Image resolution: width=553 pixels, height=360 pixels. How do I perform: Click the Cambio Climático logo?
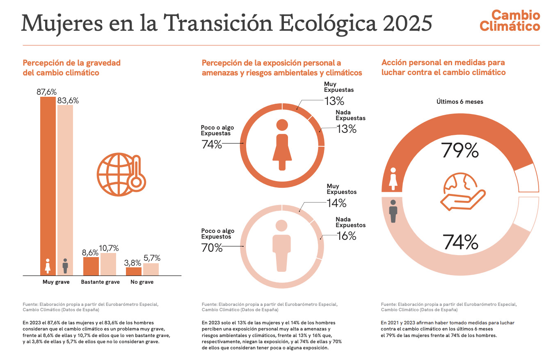(x=510, y=21)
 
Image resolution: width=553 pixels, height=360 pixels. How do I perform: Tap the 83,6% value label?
(x=68, y=100)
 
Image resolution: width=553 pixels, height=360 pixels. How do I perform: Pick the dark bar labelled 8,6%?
(x=91, y=266)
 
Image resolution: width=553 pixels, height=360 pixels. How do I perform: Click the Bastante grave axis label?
(x=100, y=282)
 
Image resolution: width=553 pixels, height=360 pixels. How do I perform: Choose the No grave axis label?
(x=142, y=282)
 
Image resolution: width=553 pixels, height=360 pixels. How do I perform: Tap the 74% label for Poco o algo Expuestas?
(x=211, y=144)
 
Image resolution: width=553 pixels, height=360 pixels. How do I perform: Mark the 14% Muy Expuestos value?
(x=336, y=203)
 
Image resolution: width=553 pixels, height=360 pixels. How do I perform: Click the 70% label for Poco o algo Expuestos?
(x=212, y=248)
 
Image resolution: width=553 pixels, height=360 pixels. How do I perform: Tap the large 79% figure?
(x=460, y=150)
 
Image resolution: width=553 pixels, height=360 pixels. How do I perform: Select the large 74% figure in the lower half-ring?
(x=460, y=242)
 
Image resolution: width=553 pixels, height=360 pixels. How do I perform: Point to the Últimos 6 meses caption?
(x=459, y=102)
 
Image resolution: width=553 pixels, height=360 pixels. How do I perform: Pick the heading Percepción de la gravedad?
(x=71, y=63)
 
